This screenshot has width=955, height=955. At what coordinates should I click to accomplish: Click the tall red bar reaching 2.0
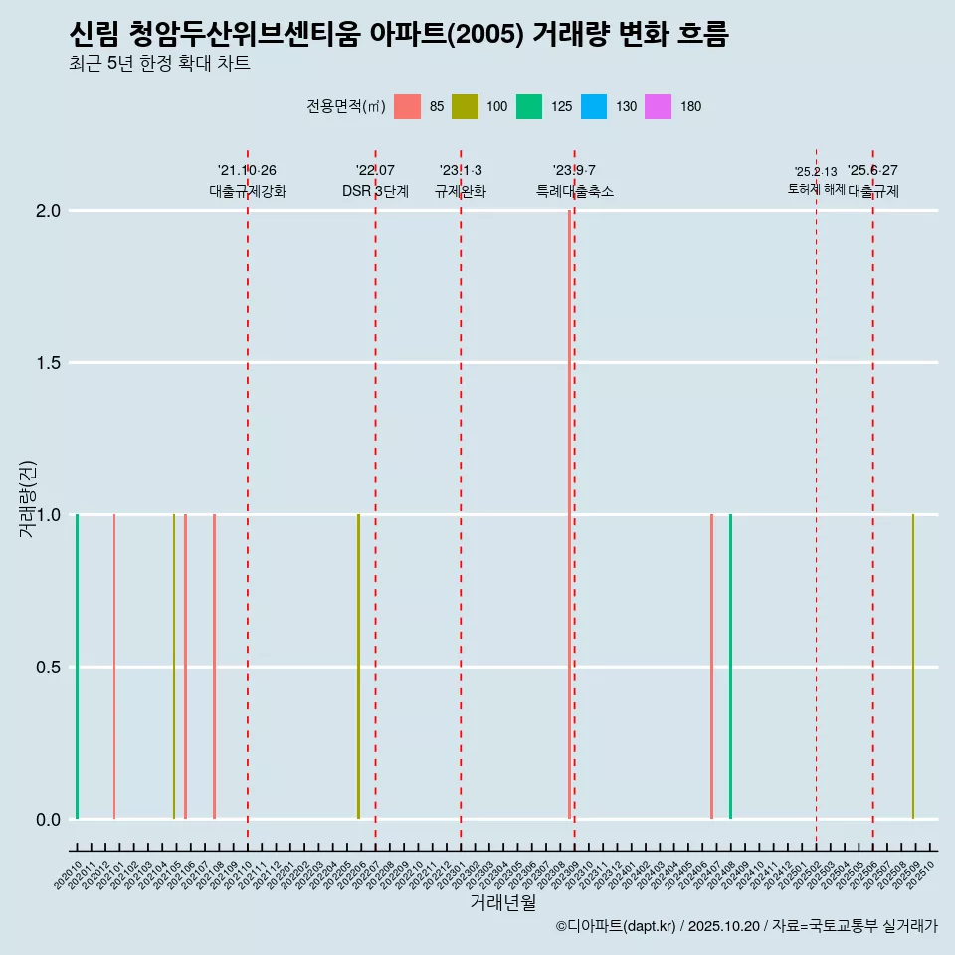pos(569,514)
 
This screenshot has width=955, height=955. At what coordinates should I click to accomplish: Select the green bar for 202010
pos(77,667)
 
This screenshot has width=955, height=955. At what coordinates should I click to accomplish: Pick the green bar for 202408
pos(730,667)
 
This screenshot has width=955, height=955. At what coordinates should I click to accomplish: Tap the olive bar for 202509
pos(912,667)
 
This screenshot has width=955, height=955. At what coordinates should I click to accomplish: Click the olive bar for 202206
pos(358,667)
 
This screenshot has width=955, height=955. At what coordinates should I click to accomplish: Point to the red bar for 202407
pos(711,667)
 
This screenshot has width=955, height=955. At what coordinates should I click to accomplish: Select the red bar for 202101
pos(114,667)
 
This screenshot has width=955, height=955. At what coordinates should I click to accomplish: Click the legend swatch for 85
pos(407,106)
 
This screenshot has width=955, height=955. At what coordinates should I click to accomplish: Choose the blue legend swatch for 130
pos(592,106)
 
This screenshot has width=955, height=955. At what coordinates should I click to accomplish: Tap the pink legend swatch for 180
pos(658,106)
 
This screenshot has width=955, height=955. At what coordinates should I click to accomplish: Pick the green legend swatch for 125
pos(528,106)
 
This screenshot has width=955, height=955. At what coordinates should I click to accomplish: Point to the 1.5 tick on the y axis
pos(48,363)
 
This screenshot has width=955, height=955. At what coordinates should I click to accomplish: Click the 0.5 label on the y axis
pos(48,668)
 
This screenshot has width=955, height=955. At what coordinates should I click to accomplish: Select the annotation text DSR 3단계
pos(375,191)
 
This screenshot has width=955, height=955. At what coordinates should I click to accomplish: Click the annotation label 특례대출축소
pos(574,191)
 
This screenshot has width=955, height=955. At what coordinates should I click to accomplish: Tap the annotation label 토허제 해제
pos(816,188)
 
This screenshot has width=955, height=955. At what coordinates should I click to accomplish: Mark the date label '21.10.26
pos(247,170)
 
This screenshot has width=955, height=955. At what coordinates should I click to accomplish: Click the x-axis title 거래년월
pos(502,903)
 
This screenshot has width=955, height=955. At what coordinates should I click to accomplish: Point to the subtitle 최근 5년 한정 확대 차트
pos(159,63)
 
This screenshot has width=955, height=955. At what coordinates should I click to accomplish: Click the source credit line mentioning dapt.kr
pos(746,926)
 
